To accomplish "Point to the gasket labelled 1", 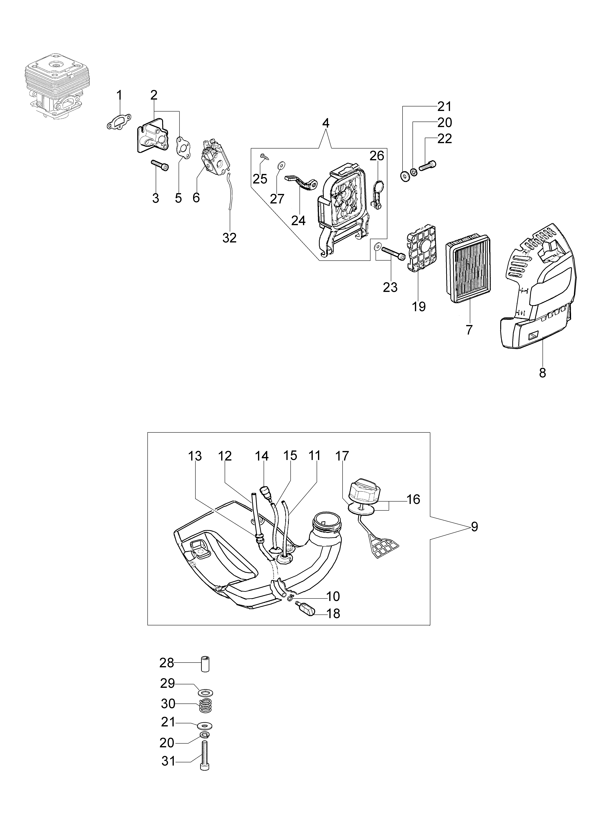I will point(119,121).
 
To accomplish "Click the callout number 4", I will point(326,123).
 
